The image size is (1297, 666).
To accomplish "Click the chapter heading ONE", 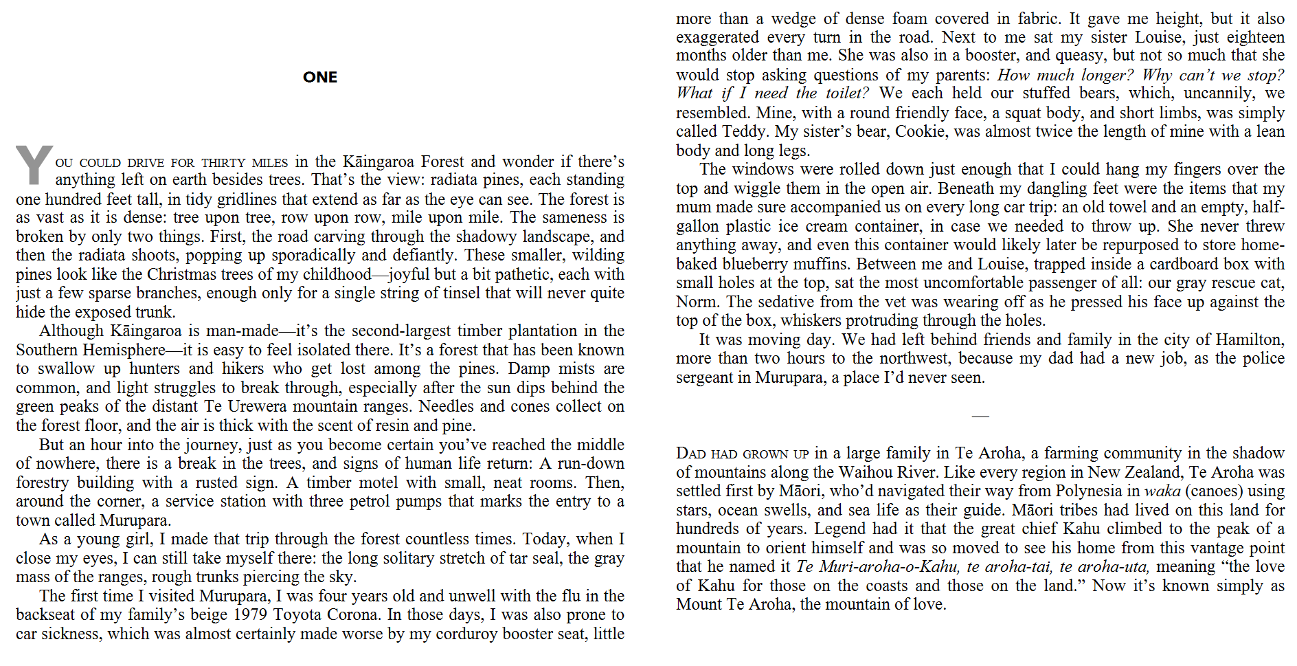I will tap(319, 77).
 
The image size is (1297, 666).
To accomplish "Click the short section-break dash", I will tap(980, 416).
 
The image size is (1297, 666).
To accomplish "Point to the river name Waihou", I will tap(837, 472).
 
